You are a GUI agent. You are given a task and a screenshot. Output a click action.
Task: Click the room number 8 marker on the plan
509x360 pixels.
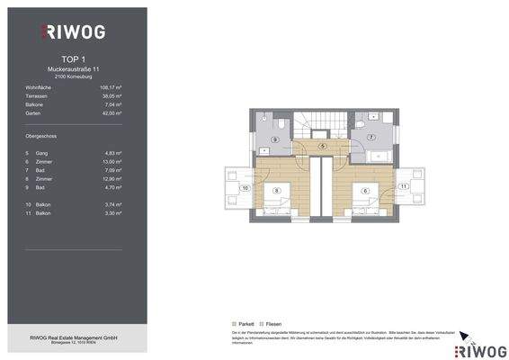point(277,191)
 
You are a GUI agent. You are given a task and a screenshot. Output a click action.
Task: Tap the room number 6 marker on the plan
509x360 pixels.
point(366,191)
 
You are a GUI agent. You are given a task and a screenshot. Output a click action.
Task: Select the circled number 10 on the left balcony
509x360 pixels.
point(246,188)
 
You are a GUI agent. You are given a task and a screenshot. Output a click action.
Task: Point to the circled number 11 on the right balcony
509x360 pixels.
point(404,185)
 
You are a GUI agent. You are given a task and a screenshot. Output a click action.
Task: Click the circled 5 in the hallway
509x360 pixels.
point(322,146)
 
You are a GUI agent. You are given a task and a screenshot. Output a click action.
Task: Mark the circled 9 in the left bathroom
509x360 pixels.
point(275,140)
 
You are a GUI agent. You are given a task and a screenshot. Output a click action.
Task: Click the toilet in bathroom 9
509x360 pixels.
point(281,123)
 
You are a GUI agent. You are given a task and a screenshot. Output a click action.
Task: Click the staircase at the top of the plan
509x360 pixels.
point(322,124)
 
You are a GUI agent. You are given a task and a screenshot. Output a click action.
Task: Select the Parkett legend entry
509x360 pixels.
point(243,323)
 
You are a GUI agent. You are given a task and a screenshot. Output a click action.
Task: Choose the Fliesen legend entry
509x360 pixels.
point(272,323)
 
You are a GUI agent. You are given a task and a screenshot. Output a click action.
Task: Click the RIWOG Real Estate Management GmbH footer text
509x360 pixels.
point(76,337)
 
